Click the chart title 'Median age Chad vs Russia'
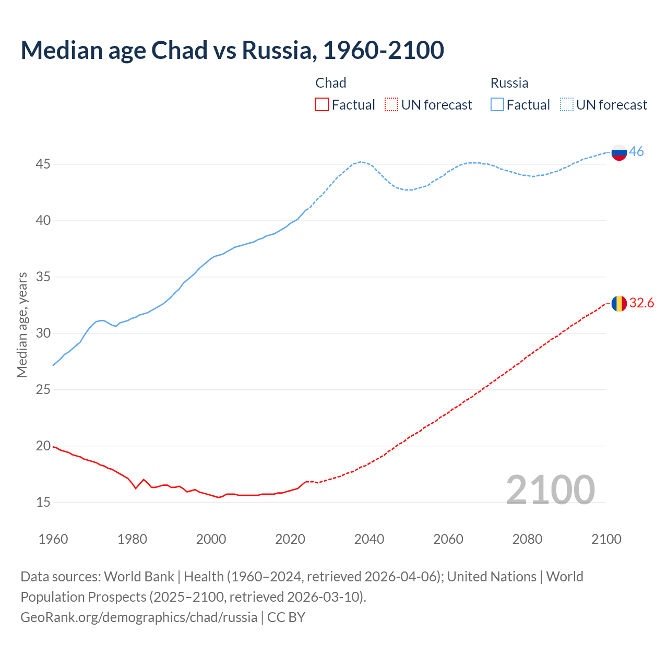[232, 50]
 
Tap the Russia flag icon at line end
[619, 152]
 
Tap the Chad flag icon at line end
[619, 303]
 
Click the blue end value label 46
[636, 152]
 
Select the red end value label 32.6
[641, 303]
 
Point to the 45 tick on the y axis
[43, 164]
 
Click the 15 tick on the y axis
[43, 503]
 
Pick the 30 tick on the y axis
[43, 333]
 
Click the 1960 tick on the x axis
[53, 539]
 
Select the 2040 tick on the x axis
[369, 539]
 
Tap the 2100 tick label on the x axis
[606, 539]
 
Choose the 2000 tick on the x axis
[211, 539]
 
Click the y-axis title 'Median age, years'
[22, 325]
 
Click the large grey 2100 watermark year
[550, 490]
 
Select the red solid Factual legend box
[322, 105]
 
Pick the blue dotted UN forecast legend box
[567, 105]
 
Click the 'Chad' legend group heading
[331, 83]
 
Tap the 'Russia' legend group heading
[509, 83]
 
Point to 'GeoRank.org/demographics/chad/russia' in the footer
[139, 617]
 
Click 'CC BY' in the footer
[286, 617]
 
